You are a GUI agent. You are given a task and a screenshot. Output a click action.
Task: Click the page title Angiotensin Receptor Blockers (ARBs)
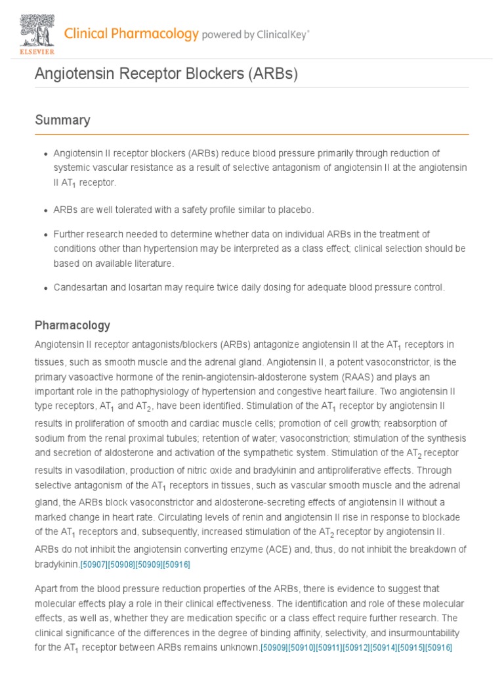pos(166,74)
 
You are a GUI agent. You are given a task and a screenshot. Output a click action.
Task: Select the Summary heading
pos(62,120)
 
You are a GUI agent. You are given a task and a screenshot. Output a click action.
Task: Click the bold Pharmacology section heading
pos(72,325)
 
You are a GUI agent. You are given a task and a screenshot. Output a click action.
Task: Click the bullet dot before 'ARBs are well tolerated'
pos(45,210)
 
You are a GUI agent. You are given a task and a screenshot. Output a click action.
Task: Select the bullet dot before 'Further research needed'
pos(45,235)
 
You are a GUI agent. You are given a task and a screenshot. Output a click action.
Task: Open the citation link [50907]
pos(94,565)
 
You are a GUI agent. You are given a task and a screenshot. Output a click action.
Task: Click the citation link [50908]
pos(121,565)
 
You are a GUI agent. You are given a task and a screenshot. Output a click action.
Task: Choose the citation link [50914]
pos(384,648)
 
